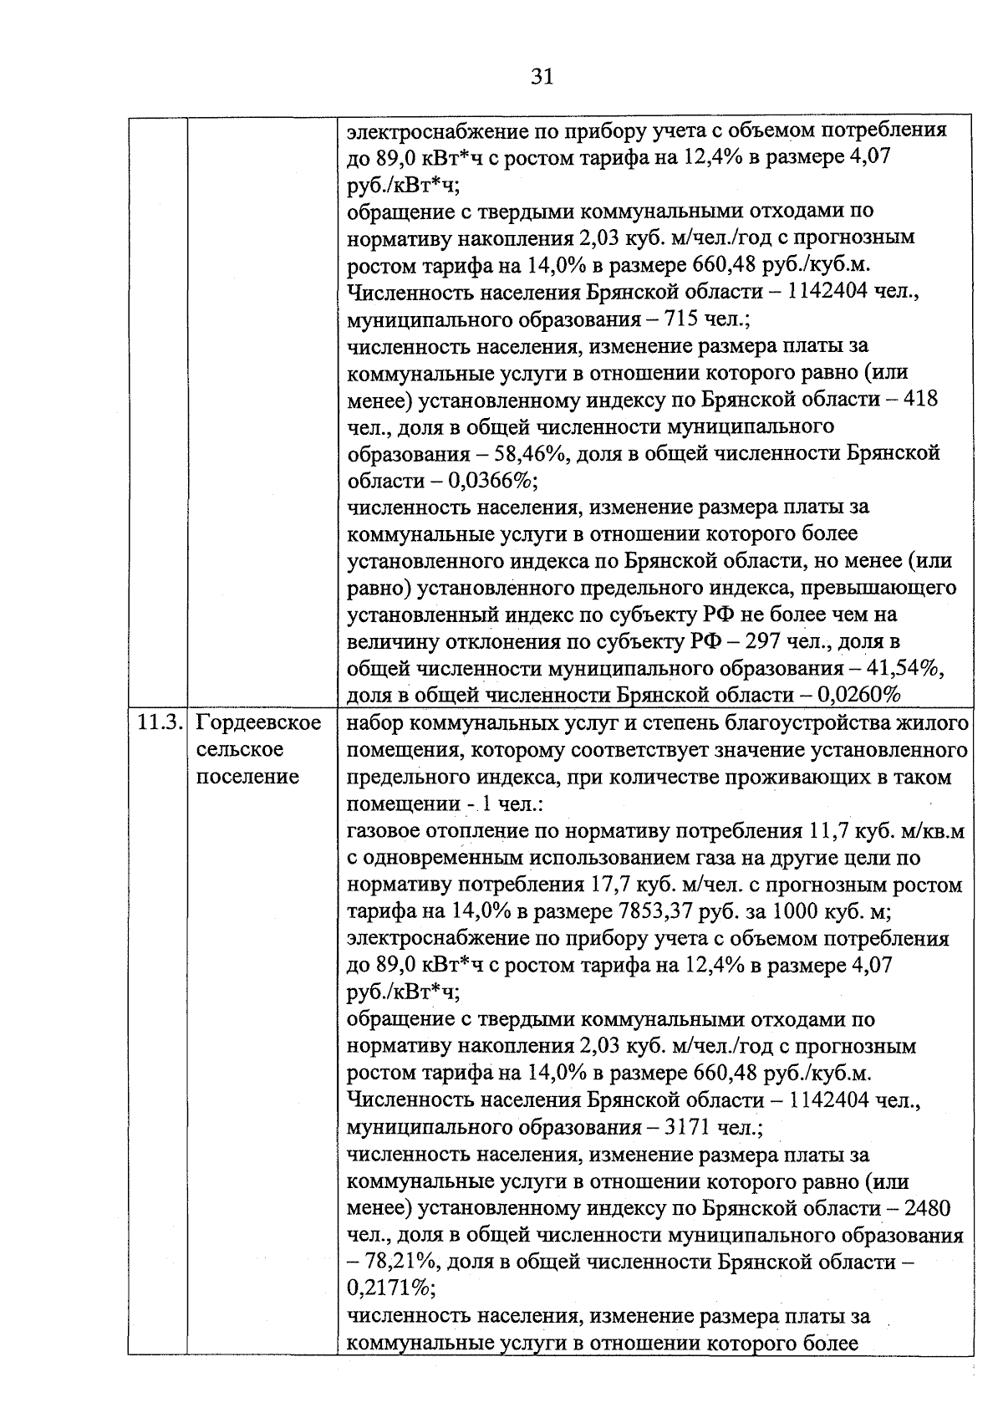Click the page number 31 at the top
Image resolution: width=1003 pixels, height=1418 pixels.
point(542,77)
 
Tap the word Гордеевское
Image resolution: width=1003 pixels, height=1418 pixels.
point(258,723)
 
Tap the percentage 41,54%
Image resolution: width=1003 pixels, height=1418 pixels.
point(904,668)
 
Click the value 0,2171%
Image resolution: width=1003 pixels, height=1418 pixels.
point(385,1288)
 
